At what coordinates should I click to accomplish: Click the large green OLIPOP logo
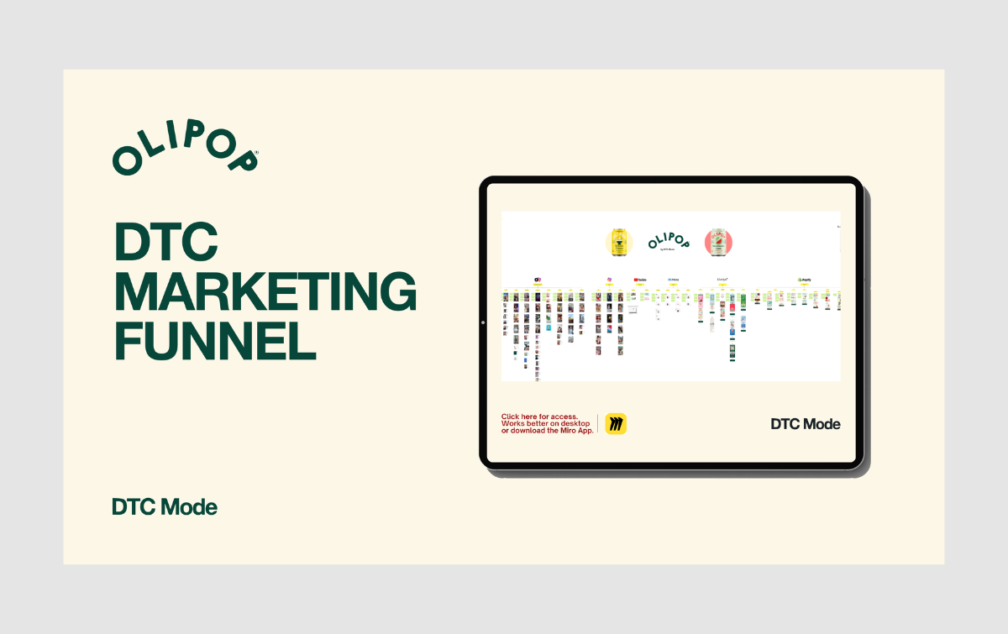(186, 152)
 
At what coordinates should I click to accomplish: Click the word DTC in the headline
(166, 244)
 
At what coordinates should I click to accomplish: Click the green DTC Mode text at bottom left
(165, 507)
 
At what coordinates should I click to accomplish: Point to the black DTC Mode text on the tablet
(806, 424)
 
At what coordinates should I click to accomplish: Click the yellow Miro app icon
(617, 424)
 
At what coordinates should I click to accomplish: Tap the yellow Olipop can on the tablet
(620, 242)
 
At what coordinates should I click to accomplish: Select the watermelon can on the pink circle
(718, 242)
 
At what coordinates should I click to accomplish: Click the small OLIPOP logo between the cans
(669, 242)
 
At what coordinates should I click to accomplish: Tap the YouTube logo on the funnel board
(640, 280)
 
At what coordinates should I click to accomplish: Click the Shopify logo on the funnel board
(804, 280)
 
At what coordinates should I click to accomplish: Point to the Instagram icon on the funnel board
(607, 280)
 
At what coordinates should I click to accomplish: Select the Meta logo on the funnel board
(673, 280)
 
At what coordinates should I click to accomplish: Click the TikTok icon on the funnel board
(537, 280)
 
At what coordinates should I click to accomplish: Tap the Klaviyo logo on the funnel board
(722, 280)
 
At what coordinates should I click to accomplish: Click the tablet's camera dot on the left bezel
(484, 322)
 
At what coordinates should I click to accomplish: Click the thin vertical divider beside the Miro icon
(598, 424)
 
